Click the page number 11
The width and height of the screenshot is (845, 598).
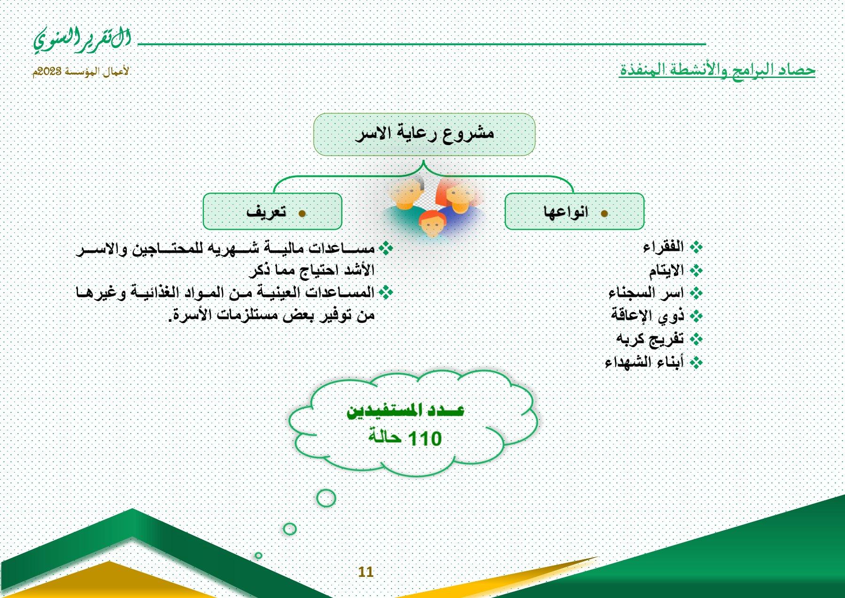pyautogui.click(x=365, y=572)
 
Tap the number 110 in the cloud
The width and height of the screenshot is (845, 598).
pyautogui.click(x=425, y=439)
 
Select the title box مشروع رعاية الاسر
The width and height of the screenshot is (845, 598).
pyautogui.click(x=424, y=134)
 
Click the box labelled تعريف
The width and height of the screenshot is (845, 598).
pyautogui.click(x=272, y=211)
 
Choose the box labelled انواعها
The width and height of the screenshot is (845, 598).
pyautogui.click(x=574, y=211)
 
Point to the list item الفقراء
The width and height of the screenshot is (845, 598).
pyautogui.click(x=663, y=247)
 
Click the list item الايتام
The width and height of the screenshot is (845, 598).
pyautogui.click(x=666, y=270)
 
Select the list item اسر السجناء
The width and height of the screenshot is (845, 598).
pyautogui.click(x=646, y=293)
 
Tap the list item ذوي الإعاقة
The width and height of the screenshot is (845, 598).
pyautogui.click(x=647, y=315)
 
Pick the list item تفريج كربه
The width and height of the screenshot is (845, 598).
pyautogui.click(x=650, y=339)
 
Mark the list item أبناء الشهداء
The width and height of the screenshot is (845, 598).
pyautogui.click(x=644, y=362)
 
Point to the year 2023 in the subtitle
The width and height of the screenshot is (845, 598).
pyautogui.click(x=49, y=71)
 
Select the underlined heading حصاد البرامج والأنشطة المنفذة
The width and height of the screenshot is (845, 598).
pyautogui.click(x=717, y=70)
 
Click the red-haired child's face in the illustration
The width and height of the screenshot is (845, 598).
pyautogui.click(x=432, y=224)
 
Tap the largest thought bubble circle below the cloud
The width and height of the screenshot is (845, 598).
pyautogui.click(x=326, y=497)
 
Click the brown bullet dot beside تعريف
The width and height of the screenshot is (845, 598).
pyautogui.click(x=302, y=214)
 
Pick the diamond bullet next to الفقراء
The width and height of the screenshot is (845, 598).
pyautogui.click(x=696, y=247)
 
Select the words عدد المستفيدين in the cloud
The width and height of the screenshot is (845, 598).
pyautogui.click(x=405, y=410)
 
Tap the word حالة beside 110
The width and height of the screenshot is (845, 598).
pyautogui.click(x=385, y=436)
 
